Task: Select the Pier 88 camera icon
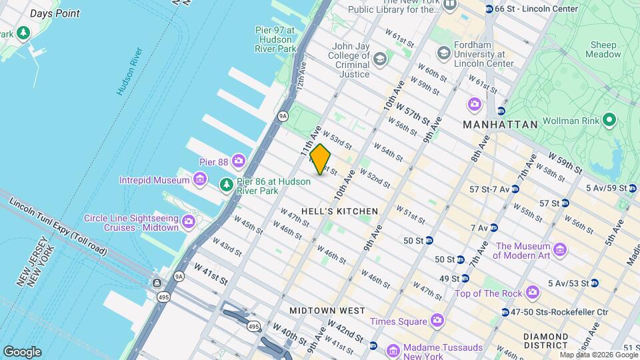tap(239, 161)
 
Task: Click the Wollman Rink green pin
tap(608, 121)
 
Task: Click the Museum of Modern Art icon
tap(560, 251)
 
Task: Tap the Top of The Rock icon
tap(532, 292)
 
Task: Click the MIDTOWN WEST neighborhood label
tap(327, 311)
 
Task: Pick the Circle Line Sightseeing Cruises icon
tap(189, 221)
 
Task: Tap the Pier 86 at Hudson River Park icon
tap(227, 185)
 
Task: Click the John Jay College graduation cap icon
tap(380, 60)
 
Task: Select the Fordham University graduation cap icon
tap(443, 53)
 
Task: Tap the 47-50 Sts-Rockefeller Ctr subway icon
tap(505, 312)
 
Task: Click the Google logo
tap(22, 351)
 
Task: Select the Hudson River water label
tap(130, 71)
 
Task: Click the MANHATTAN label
tap(500, 125)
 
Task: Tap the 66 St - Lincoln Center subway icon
tap(489, 9)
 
